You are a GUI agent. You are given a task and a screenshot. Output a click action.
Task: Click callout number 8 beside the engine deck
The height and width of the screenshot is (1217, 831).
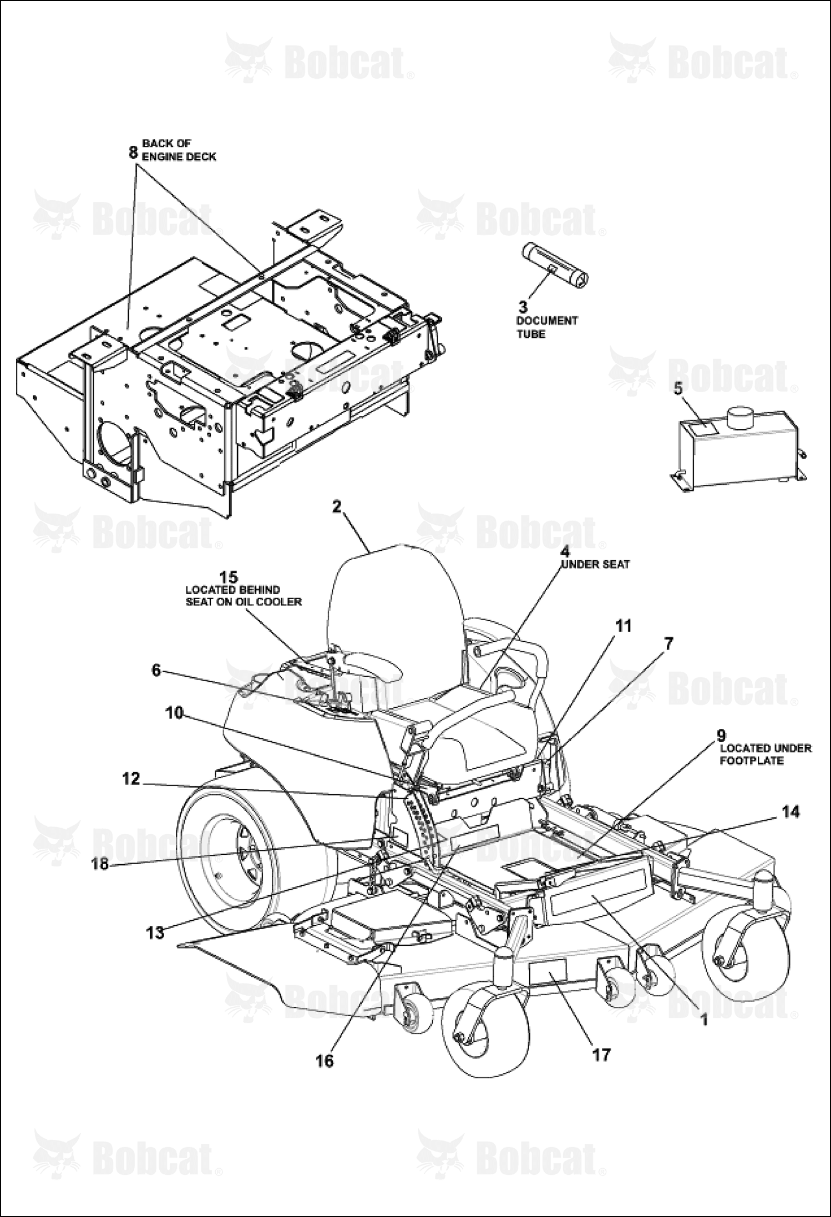(133, 151)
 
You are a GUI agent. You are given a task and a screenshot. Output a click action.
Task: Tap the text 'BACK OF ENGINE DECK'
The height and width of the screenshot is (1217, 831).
(179, 150)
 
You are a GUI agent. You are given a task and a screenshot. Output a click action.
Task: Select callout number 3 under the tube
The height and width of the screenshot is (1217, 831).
(523, 306)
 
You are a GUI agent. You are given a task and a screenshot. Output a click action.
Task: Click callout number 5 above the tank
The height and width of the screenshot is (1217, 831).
(678, 389)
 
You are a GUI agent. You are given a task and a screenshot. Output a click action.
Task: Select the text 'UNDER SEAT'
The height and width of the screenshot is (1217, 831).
(596, 564)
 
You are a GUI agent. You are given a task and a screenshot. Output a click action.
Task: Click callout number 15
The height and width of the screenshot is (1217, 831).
(229, 577)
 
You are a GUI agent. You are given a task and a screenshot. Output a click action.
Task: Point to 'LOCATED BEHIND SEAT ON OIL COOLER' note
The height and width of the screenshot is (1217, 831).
(244, 595)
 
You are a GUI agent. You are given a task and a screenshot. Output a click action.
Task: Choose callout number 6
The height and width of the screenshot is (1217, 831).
(156, 671)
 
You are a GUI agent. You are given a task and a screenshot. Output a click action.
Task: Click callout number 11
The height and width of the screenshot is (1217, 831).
(624, 626)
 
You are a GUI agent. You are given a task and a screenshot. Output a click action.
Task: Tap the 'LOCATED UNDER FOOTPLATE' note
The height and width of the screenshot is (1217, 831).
(765, 754)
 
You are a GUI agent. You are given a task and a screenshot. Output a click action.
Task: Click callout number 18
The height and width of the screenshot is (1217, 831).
(100, 864)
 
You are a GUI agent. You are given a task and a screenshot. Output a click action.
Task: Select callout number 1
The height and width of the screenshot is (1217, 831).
(704, 1020)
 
